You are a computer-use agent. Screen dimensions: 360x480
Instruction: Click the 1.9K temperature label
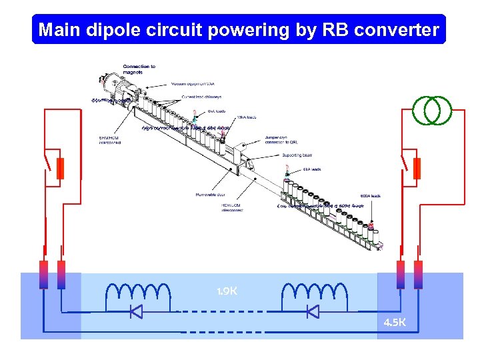point(227,291)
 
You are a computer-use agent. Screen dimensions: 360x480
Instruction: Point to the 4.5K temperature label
point(394,323)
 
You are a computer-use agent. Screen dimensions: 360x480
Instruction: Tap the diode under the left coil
point(136,311)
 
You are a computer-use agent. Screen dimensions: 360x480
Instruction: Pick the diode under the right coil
point(311,311)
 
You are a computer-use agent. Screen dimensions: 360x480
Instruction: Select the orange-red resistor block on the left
point(60,169)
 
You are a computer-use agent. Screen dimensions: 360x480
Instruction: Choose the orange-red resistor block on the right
point(417,169)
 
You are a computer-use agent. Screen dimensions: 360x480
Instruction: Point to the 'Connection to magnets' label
point(139,69)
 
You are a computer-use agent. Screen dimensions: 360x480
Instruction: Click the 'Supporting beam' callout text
point(297,155)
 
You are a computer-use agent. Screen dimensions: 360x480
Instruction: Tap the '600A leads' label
point(370,195)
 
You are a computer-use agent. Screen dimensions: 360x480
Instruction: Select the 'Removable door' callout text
point(210,195)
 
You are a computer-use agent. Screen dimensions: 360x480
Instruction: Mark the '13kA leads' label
point(246,117)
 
